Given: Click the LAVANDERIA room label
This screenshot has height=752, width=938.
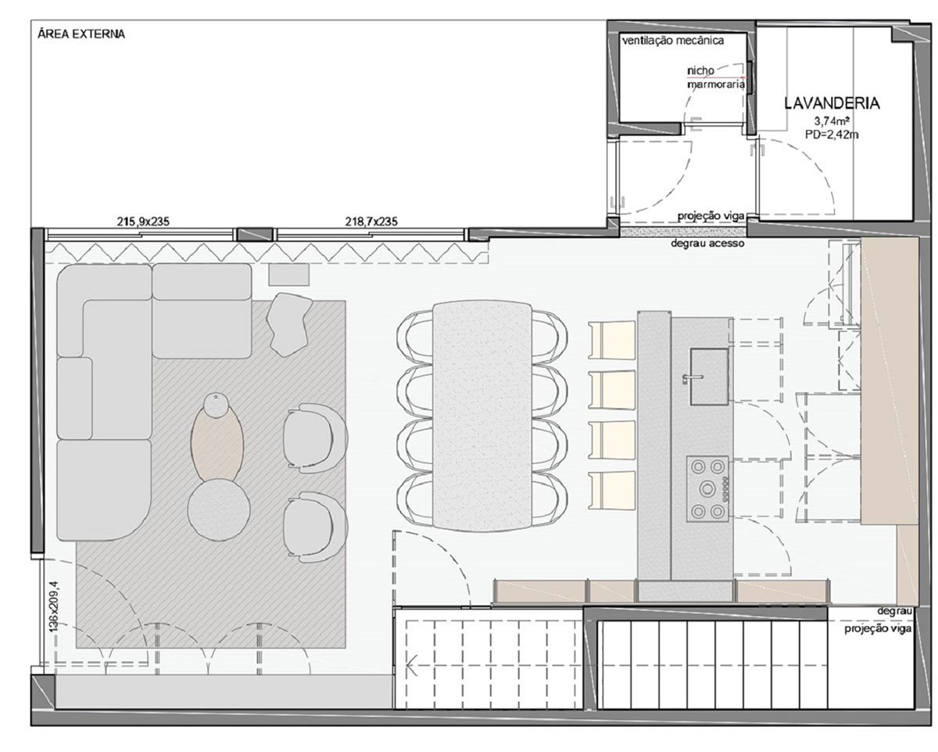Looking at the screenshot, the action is (x=832, y=103).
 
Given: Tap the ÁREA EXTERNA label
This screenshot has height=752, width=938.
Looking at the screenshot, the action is (x=81, y=34).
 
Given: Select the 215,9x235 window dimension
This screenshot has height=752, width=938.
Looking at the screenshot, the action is (x=143, y=221).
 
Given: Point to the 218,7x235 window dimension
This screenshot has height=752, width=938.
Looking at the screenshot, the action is (x=371, y=221).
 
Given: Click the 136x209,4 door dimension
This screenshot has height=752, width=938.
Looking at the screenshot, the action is (x=55, y=607).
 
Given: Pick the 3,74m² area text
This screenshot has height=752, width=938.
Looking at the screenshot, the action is (x=833, y=121).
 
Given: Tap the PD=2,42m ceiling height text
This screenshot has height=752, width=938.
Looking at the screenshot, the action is (x=832, y=135).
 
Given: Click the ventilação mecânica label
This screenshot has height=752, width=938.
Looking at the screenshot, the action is (x=673, y=41).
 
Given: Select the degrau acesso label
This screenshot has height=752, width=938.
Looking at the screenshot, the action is (x=707, y=243).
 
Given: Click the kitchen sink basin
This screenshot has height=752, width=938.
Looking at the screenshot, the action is (x=710, y=376).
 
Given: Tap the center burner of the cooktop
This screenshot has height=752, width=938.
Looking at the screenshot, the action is (x=707, y=488).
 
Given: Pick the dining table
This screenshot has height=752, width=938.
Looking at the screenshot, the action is (x=482, y=416).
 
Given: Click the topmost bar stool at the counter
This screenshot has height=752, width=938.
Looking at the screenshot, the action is (x=611, y=340).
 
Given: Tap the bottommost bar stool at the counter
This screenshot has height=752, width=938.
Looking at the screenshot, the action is (x=611, y=491).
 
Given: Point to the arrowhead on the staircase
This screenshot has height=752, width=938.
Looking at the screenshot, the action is (x=410, y=665).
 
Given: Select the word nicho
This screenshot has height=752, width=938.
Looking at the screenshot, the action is (x=701, y=70).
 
